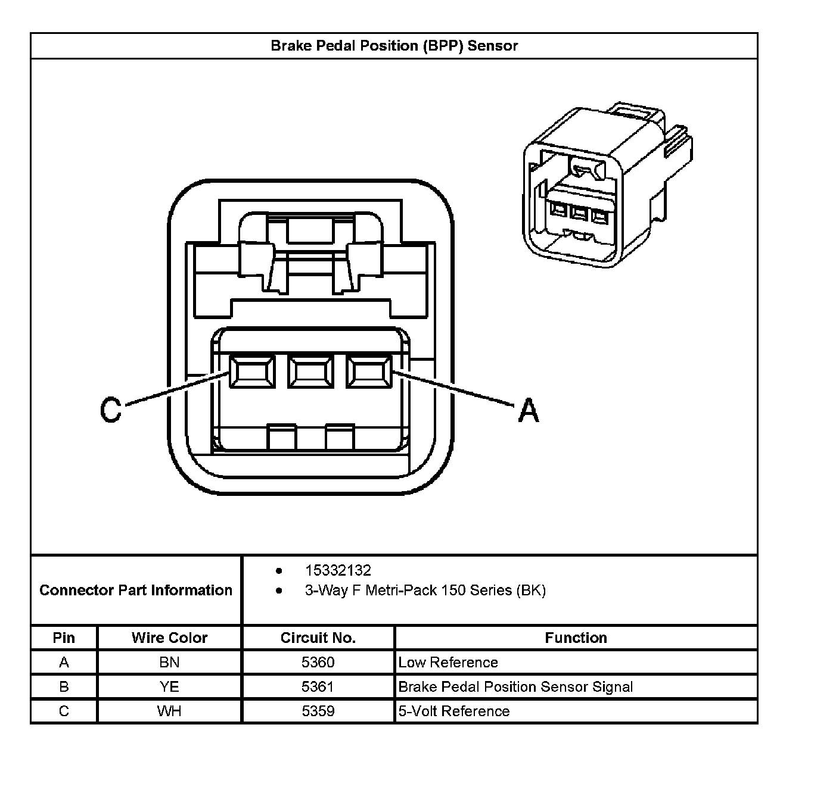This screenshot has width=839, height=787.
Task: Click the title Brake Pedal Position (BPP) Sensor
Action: [394, 46]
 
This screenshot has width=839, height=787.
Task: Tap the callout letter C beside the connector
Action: [111, 410]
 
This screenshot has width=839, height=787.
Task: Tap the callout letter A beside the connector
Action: [528, 411]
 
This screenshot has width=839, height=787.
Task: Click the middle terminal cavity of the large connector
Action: [310, 372]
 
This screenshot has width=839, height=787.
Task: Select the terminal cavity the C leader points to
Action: [251, 372]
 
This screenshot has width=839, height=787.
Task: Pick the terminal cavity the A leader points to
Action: [369, 372]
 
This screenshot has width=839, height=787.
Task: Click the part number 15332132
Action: [338, 570]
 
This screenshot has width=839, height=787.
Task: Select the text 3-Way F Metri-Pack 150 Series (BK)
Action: [425, 591]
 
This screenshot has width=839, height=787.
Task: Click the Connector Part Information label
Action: [136, 590]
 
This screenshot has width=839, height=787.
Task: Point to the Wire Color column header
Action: [169, 638]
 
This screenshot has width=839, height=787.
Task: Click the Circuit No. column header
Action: [318, 638]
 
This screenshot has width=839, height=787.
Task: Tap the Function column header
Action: [576, 638]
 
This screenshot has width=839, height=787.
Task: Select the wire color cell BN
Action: [169, 662]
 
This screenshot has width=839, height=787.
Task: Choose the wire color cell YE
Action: [169, 687]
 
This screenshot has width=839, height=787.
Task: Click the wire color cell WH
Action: [169, 711]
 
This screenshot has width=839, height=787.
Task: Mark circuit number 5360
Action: [318, 662]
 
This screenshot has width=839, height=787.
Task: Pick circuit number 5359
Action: [318, 711]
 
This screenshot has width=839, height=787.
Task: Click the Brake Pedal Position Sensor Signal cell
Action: [515, 687]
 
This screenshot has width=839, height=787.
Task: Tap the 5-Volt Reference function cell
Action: [453, 711]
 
